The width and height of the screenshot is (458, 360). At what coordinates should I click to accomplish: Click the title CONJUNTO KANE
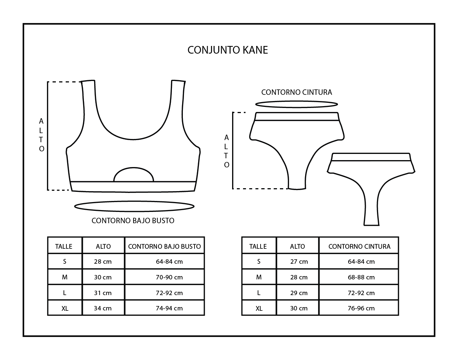[228, 50]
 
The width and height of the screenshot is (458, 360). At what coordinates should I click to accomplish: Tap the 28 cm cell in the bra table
[103, 262]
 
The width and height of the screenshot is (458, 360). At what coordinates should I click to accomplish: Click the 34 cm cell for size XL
[103, 308]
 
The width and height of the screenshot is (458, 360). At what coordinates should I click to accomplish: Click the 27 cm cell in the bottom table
[299, 262]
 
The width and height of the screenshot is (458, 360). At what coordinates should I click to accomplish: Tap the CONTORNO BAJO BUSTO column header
[165, 247]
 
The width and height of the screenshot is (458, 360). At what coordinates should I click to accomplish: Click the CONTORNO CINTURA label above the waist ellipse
[297, 92]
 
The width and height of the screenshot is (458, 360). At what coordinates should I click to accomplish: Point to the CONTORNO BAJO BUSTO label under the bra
[133, 221]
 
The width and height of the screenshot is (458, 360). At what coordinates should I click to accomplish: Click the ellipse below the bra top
[134, 206]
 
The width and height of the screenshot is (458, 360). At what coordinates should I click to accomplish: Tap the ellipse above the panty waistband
[296, 104]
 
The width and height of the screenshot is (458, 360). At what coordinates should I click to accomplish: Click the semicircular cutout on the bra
[134, 175]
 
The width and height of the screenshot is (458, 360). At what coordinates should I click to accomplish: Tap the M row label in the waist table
[259, 277]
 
